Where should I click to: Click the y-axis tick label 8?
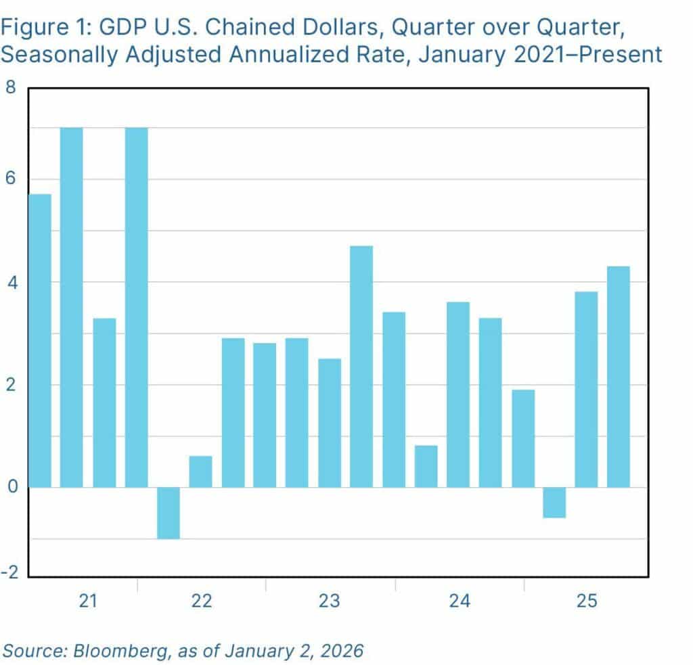[10, 89]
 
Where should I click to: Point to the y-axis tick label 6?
[10, 179]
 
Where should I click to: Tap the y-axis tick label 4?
[10, 282]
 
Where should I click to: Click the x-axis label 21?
[87, 601]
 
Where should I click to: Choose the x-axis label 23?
[330, 601]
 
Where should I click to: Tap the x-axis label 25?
[587, 601]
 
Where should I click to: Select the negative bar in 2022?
[169, 513]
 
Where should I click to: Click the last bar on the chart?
[619, 376]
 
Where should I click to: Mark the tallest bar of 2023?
[361, 366]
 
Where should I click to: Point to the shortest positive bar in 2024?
[426, 466]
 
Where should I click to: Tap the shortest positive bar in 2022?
[200, 472]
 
